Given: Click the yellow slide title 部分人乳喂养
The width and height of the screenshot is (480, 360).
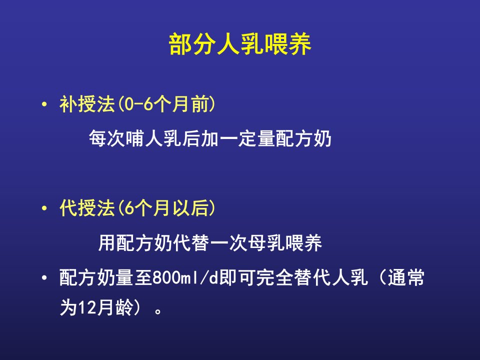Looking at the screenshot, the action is tap(240, 44).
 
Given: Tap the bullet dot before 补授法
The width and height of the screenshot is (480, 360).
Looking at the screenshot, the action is tap(44, 104).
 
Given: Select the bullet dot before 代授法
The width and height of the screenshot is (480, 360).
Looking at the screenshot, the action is tap(44, 208).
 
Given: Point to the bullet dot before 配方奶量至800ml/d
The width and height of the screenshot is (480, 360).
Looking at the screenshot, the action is tap(44, 278).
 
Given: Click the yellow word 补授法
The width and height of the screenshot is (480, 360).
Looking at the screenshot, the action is tap(87, 104).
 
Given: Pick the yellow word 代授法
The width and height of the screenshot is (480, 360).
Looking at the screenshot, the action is tap(87, 208).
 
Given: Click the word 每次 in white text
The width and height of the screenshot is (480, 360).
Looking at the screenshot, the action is tap(107, 138).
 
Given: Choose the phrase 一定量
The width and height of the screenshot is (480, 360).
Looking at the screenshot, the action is tap(247, 138).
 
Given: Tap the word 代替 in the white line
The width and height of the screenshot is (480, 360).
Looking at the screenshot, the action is tap(191, 243).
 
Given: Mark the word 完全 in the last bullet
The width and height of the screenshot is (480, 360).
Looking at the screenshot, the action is tap(275, 278).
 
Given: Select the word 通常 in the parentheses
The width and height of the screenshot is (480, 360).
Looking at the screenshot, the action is tap(406, 278).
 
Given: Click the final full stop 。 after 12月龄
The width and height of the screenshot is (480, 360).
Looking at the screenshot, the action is tap(158, 311).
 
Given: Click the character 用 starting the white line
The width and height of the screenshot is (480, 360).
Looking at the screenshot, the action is tap(107, 243).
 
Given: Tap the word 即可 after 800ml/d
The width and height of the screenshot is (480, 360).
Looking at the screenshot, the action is tap(237, 278).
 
